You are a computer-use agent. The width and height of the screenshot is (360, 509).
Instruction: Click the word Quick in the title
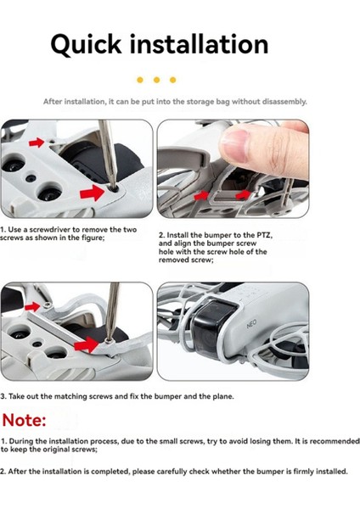point(86,45)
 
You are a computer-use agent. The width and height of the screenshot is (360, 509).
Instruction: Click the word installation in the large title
point(200,44)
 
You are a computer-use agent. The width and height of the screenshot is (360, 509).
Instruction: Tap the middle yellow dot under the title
point(156,80)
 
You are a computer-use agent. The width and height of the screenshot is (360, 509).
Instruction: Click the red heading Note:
point(24,420)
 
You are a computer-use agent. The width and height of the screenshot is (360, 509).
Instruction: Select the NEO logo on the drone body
point(251,324)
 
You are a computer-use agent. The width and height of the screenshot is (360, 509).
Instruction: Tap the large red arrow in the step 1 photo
point(92,193)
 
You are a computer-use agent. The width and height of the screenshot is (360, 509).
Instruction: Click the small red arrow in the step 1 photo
point(37,143)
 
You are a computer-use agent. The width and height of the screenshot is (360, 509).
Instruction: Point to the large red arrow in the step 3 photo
point(86,344)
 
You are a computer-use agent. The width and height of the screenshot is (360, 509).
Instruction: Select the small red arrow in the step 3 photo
point(32,306)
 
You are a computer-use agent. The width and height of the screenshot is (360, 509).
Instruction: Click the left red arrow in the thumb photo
point(201,195)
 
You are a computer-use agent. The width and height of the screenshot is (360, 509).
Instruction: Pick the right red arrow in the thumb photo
point(243,195)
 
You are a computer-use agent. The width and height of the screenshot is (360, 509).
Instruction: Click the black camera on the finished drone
point(213,327)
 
